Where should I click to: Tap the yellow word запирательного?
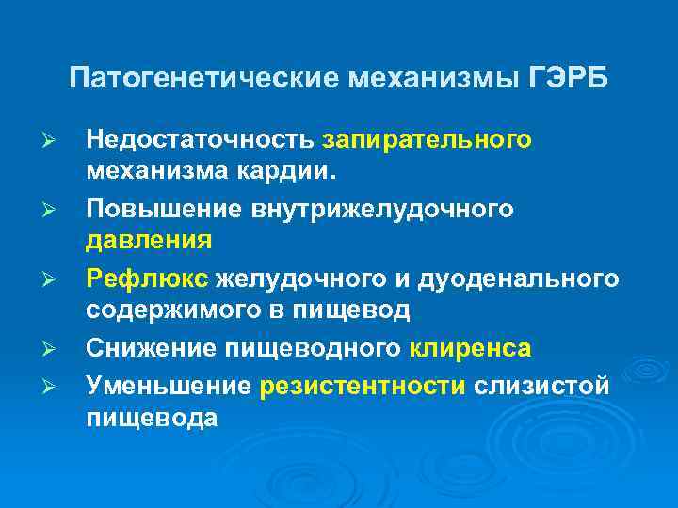point(427,140)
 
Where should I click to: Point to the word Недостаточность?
point(201,140)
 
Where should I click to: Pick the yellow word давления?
point(149,242)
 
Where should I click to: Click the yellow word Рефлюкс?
point(147,278)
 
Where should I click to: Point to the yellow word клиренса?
point(471,349)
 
